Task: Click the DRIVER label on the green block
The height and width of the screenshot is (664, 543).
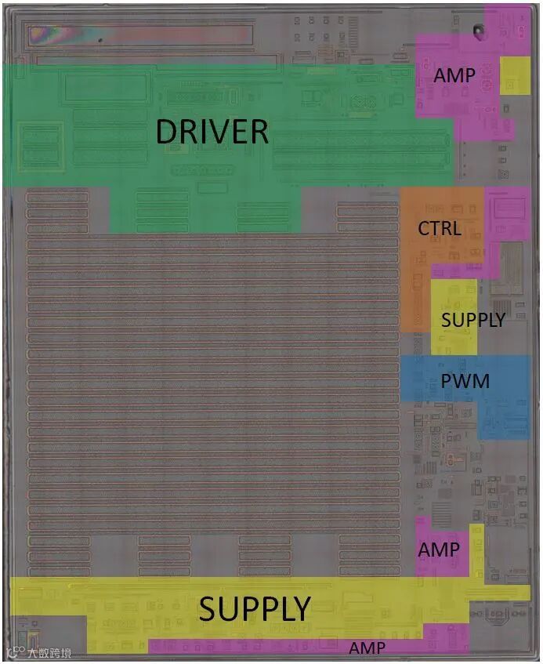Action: click(212, 132)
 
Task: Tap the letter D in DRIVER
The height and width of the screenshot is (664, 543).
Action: click(165, 132)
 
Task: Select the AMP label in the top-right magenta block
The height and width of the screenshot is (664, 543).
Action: click(454, 76)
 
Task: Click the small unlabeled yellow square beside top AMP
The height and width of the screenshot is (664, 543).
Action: click(515, 75)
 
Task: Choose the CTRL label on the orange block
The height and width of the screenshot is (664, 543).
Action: click(439, 229)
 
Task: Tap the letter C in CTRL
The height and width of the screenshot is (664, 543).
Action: click(424, 229)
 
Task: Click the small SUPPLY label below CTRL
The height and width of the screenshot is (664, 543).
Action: click(472, 320)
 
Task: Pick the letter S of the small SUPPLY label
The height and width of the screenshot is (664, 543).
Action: click(446, 320)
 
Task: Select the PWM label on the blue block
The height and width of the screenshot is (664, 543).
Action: click(465, 382)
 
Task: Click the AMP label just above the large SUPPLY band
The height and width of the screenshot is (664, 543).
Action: click(438, 550)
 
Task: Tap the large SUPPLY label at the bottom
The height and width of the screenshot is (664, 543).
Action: click(255, 609)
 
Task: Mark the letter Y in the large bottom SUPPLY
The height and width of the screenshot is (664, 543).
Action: click(302, 609)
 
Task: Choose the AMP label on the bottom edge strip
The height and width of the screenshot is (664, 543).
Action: click(367, 648)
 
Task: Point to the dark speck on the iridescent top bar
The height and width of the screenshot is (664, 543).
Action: click(101, 39)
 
